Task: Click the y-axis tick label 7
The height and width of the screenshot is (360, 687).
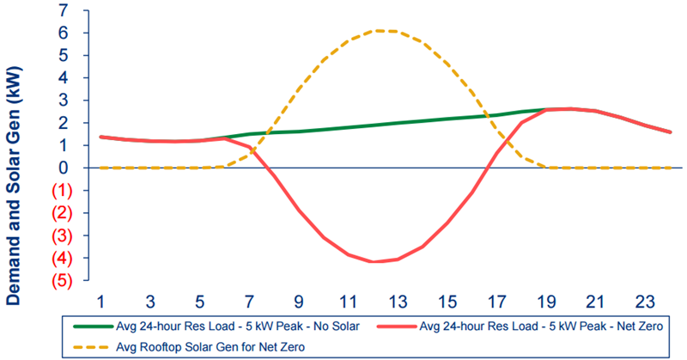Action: [64, 11]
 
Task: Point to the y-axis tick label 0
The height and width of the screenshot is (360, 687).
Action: [64, 168]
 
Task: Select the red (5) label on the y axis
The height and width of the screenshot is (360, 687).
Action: [61, 281]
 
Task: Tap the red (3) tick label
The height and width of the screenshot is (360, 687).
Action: [61, 235]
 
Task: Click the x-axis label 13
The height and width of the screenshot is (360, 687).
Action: [397, 302]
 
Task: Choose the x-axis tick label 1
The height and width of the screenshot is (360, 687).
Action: [100, 302]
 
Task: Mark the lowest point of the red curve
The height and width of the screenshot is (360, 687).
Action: [372, 261]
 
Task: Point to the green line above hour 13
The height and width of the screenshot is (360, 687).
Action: [397, 123]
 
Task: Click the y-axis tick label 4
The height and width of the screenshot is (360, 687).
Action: [64, 78]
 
